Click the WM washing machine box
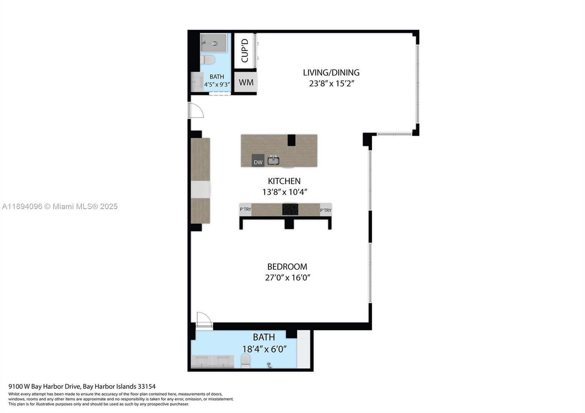(x=246, y=82)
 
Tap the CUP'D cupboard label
(x=245, y=51)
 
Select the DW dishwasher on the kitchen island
(x=258, y=161)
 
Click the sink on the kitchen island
(x=273, y=160)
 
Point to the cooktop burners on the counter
(x=290, y=209)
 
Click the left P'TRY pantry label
(x=245, y=209)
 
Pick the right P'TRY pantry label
(x=325, y=210)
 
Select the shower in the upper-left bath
(x=214, y=43)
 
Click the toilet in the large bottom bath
(x=246, y=361)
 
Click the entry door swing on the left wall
(x=196, y=110)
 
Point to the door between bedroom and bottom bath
(x=204, y=321)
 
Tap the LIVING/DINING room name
(x=331, y=72)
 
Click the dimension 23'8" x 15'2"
(x=332, y=83)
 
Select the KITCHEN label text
(x=284, y=181)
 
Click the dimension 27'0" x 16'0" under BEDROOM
(x=287, y=277)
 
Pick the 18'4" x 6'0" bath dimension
(x=264, y=349)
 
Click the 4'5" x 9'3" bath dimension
(x=217, y=84)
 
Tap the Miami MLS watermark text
(x=60, y=206)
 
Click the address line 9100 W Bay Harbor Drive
(x=82, y=386)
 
